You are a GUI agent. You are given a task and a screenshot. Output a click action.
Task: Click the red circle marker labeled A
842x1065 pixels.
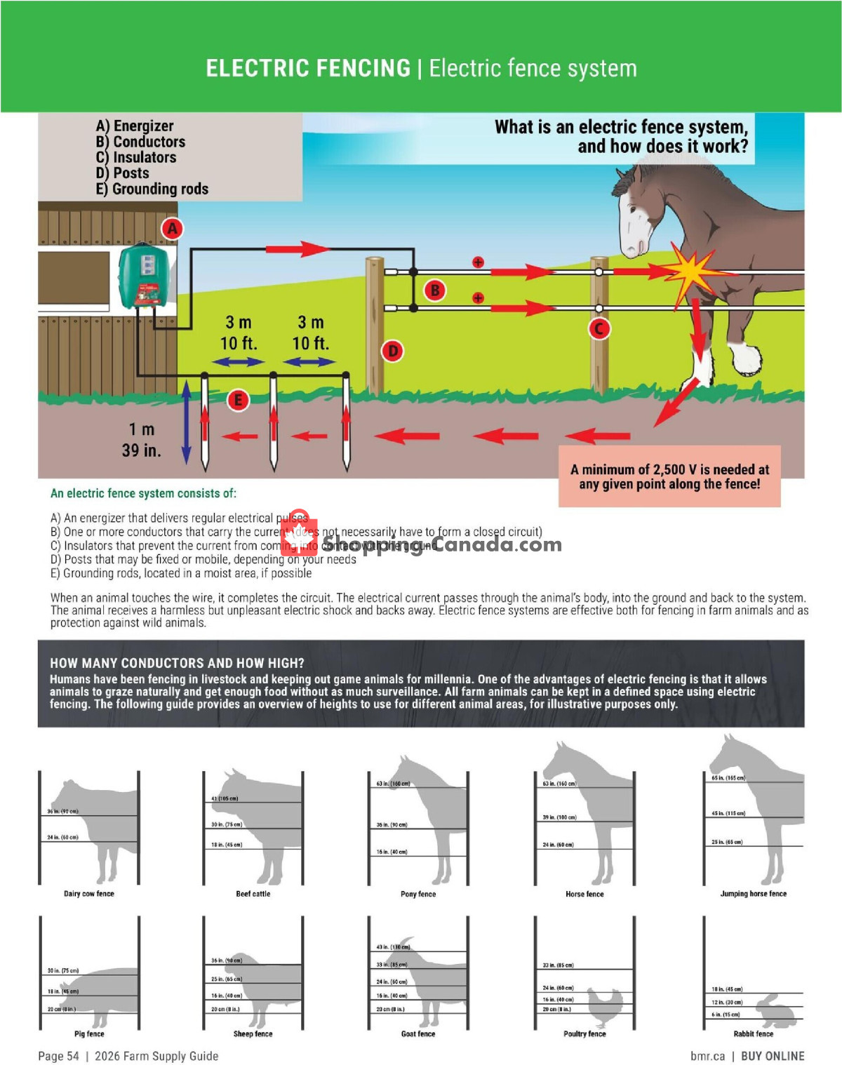[172, 229]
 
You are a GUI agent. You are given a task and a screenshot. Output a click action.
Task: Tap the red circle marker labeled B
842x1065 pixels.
[435, 290]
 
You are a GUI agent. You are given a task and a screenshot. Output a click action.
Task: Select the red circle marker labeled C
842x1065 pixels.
[599, 328]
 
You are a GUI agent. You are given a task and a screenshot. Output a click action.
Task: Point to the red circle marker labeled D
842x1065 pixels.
[393, 351]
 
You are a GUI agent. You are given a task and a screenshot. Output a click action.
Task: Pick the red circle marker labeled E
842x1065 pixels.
[238, 400]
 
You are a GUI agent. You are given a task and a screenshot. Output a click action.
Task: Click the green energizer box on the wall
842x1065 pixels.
[144, 276]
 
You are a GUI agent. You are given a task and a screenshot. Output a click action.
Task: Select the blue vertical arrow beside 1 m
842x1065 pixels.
[186, 422]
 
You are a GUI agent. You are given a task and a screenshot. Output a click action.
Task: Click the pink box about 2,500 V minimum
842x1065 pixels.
[669, 476]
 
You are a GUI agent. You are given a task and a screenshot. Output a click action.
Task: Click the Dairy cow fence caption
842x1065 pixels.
[88, 894]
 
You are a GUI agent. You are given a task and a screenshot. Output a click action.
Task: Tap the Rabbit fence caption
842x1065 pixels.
[753, 1033]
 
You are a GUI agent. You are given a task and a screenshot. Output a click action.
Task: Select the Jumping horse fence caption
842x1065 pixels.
[753, 894]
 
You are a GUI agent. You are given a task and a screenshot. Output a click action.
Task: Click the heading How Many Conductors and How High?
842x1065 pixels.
[177, 663]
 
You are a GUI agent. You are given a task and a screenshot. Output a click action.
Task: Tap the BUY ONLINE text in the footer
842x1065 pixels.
[773, 1056]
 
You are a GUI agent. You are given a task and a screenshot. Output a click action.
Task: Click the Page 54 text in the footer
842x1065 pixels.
[58, 1056]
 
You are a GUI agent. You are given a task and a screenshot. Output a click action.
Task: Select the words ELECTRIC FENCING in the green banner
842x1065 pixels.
[308, 68]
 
